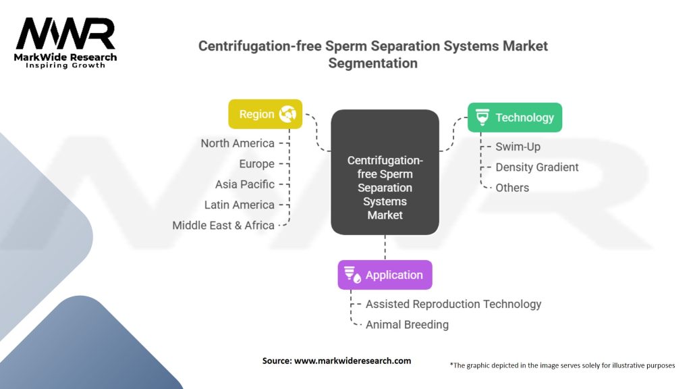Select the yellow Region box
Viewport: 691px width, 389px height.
[x=265, y=114]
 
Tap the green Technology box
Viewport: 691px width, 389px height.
[x=515, y=118]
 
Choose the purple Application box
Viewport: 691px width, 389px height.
[x=385, y=275]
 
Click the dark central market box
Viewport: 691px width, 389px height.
[x=385, y=172]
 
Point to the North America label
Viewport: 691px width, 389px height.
[x=238, y=143]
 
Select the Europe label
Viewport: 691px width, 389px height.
[x=256, y=163]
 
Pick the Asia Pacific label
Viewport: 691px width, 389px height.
[x=245, y=184]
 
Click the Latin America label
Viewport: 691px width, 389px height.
[x=240, y=205]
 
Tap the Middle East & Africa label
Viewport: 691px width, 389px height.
[x=223, y=225]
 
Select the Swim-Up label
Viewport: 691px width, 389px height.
[x=518, y=147]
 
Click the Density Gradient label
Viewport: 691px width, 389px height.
[x=537, y=167]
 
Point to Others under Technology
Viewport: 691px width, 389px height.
[x=512, y=188]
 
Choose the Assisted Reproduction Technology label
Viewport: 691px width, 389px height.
[x=453, y=304]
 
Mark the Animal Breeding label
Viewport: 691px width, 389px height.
[x=407, y=325]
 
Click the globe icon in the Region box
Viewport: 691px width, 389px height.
[x=288, y=114]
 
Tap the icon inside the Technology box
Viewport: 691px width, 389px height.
[x=482, y=118]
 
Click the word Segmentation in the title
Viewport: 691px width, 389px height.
[x=372, y=63]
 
